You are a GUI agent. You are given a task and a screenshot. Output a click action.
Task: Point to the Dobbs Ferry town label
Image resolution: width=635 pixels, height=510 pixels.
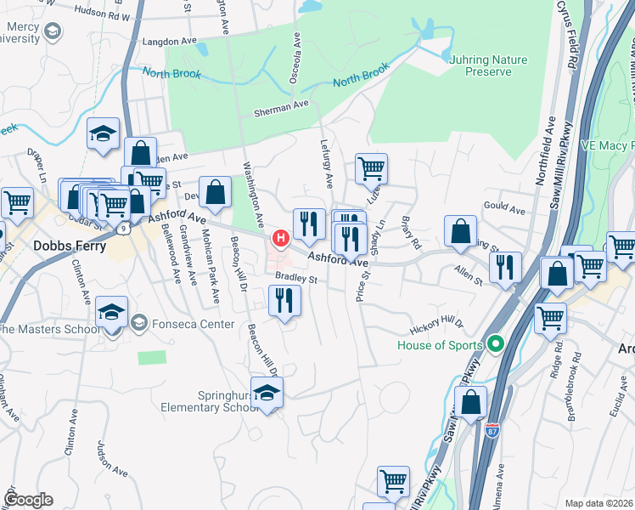[70, 246]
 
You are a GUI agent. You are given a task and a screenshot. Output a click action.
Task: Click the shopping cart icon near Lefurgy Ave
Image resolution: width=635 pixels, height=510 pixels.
[371, 169]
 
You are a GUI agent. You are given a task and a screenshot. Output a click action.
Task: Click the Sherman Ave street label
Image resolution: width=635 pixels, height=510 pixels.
[283, 106]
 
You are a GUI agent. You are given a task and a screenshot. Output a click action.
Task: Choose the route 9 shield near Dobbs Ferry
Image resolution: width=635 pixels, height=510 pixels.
[125, 229]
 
